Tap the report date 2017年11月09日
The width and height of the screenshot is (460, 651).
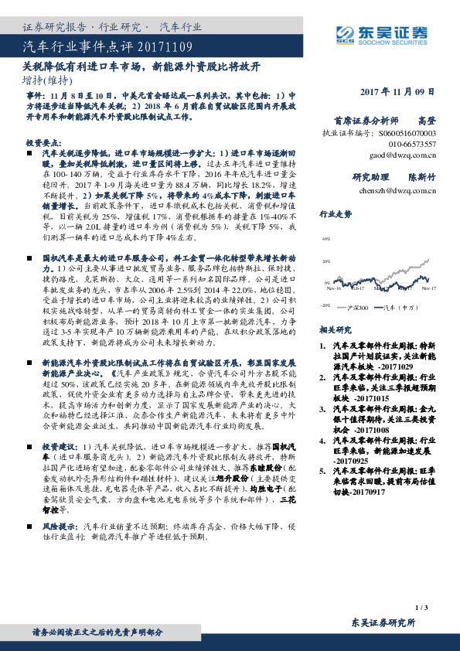(397, 92)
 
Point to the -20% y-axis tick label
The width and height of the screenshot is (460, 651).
(325, 305)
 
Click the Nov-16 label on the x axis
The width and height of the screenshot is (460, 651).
(335, 289)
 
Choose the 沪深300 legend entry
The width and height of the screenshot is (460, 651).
(360, 307)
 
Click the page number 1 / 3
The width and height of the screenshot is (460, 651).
(421, 609)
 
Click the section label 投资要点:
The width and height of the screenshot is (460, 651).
(40, 143)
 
